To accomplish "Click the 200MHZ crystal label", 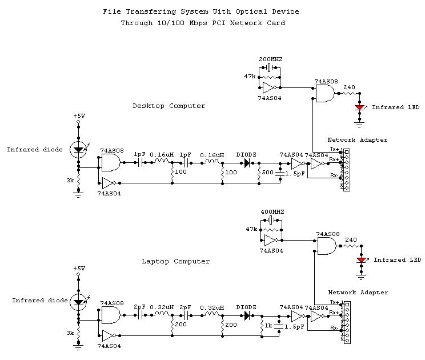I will coord(271,59).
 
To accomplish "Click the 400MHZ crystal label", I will coord(272,212).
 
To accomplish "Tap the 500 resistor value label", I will coord(267,172).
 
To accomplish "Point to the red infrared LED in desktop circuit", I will coord(360,107).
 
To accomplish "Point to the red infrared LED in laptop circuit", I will coord(360,261).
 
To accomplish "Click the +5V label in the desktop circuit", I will coord(79,116).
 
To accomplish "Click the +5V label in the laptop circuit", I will coord(79,269).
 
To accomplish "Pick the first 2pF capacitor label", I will coord(139,307).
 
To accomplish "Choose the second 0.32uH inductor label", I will coord(212,307).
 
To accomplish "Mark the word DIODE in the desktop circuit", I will coord(246,154).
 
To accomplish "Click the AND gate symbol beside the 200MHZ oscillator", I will coord(324,94).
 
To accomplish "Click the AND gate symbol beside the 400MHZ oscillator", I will coord(326,246).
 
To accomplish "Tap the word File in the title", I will coord(112,11).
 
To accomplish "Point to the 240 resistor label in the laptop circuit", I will coord(351,240).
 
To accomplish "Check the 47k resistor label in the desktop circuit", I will coord(250,76).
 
